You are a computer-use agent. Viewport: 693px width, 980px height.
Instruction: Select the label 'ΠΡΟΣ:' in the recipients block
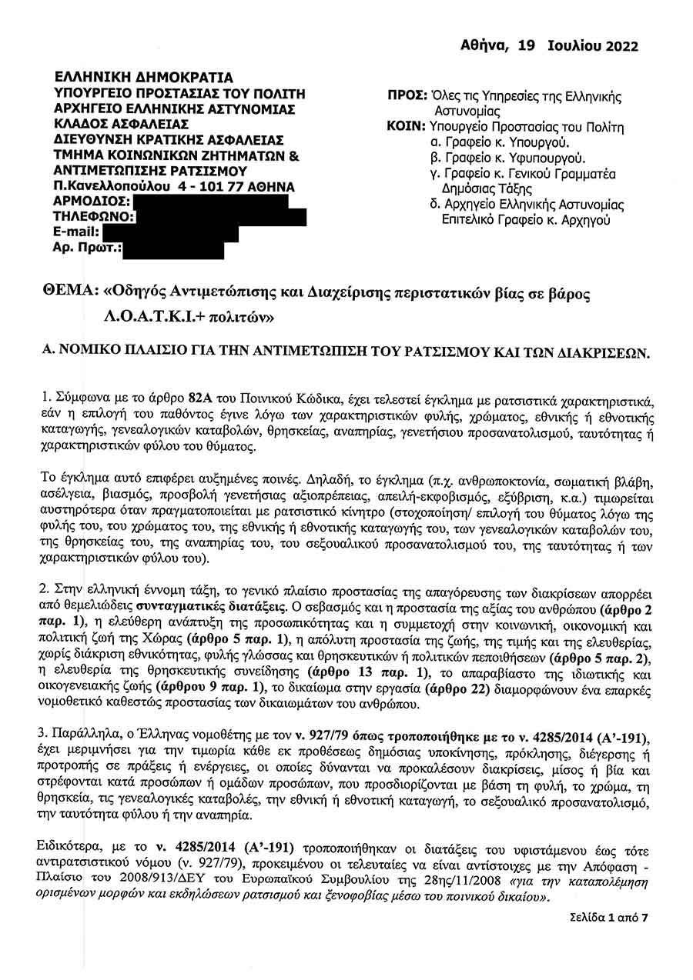tap(407, 97)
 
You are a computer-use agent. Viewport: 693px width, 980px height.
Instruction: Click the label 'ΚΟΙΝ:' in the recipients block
tap(406, 126)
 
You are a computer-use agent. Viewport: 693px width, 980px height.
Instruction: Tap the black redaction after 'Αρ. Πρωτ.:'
tap(174, 248)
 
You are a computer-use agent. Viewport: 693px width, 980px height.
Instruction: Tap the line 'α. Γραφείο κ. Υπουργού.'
tap(500, 142)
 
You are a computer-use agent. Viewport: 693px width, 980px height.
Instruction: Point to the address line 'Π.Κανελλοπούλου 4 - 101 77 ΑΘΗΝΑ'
tap(174, 186)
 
